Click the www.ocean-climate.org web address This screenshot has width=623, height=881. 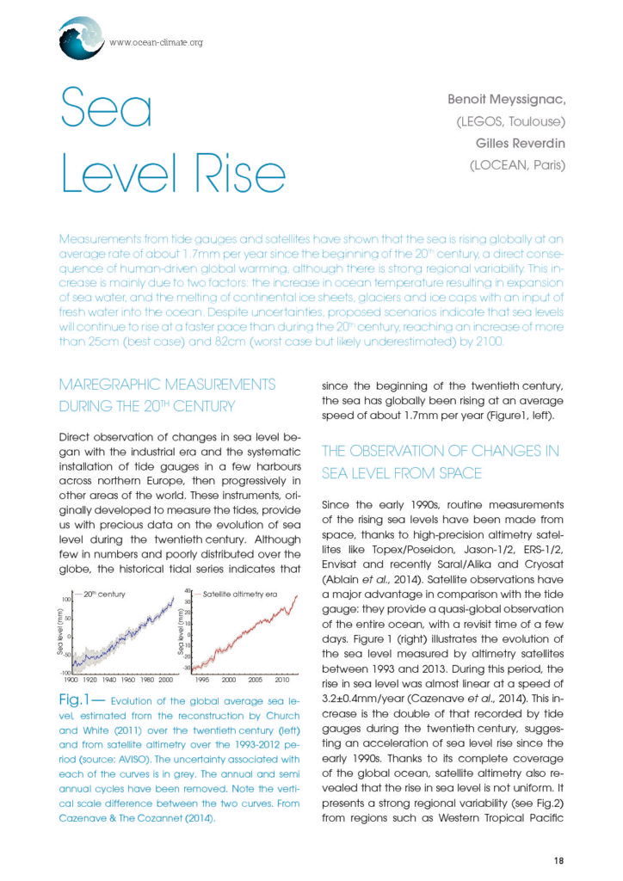tap(156, 41)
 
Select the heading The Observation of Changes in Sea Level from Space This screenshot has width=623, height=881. tap(440, 461)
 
